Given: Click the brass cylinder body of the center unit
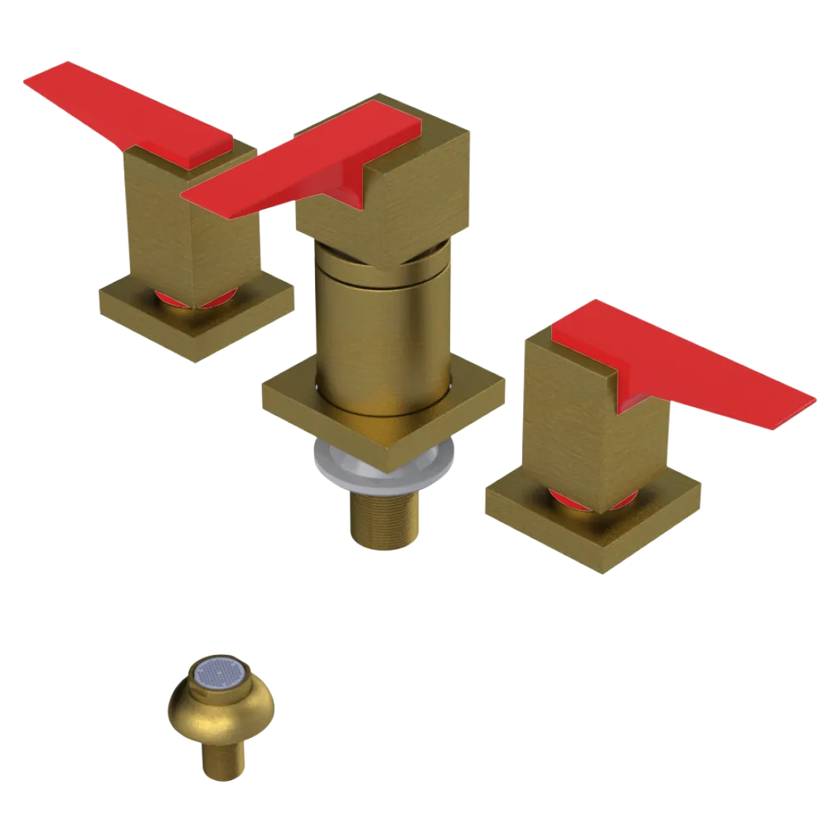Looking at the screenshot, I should tap(381, 332).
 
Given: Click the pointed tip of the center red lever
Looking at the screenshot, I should tap(189, 197).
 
